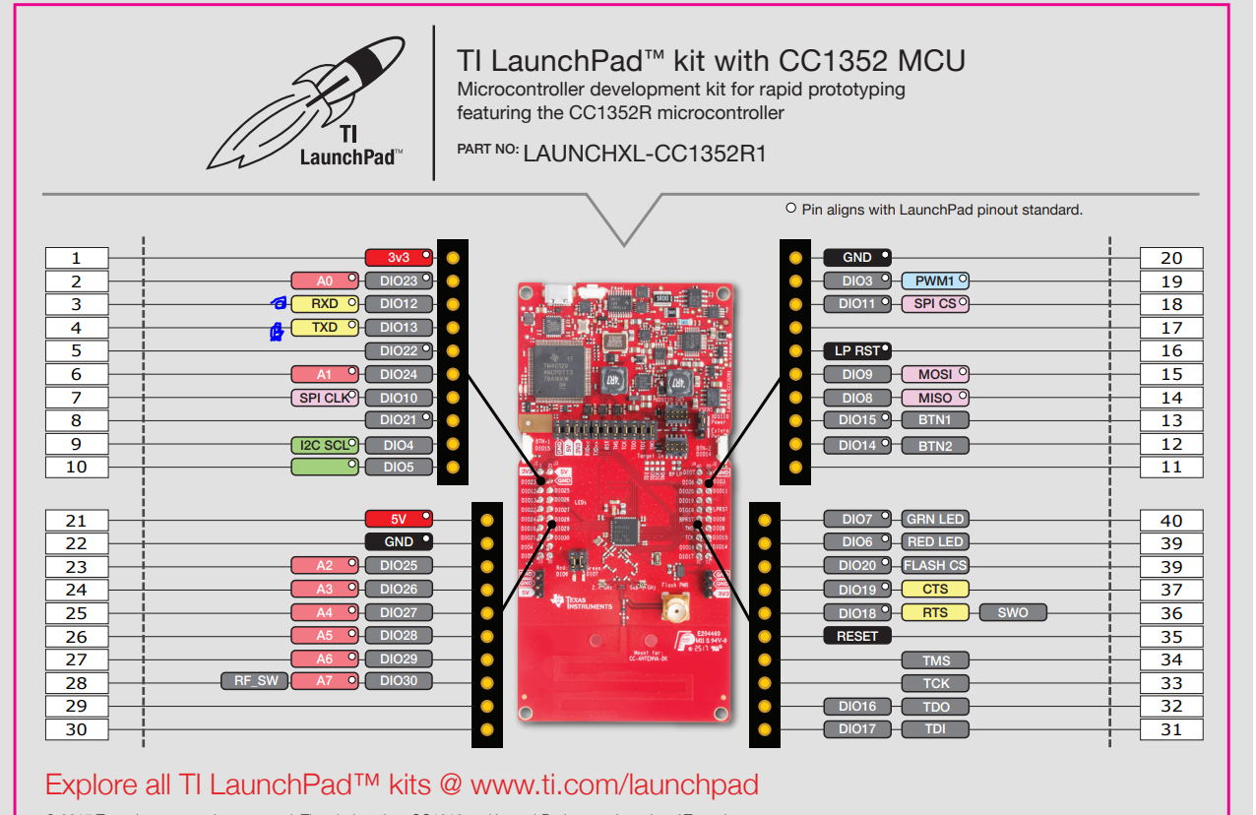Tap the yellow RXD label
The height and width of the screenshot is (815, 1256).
click(325, 304)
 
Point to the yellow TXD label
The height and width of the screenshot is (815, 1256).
click(325, 328)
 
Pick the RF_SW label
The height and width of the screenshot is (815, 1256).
click(255, 680)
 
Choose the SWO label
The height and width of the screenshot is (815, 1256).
click(1013, 612)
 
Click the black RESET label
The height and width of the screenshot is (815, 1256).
click(857, 636)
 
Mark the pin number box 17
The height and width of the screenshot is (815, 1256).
click(1171, 328)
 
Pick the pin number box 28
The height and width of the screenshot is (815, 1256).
click(77, 682)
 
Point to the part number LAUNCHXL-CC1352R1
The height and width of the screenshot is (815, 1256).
click(645, 154)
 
